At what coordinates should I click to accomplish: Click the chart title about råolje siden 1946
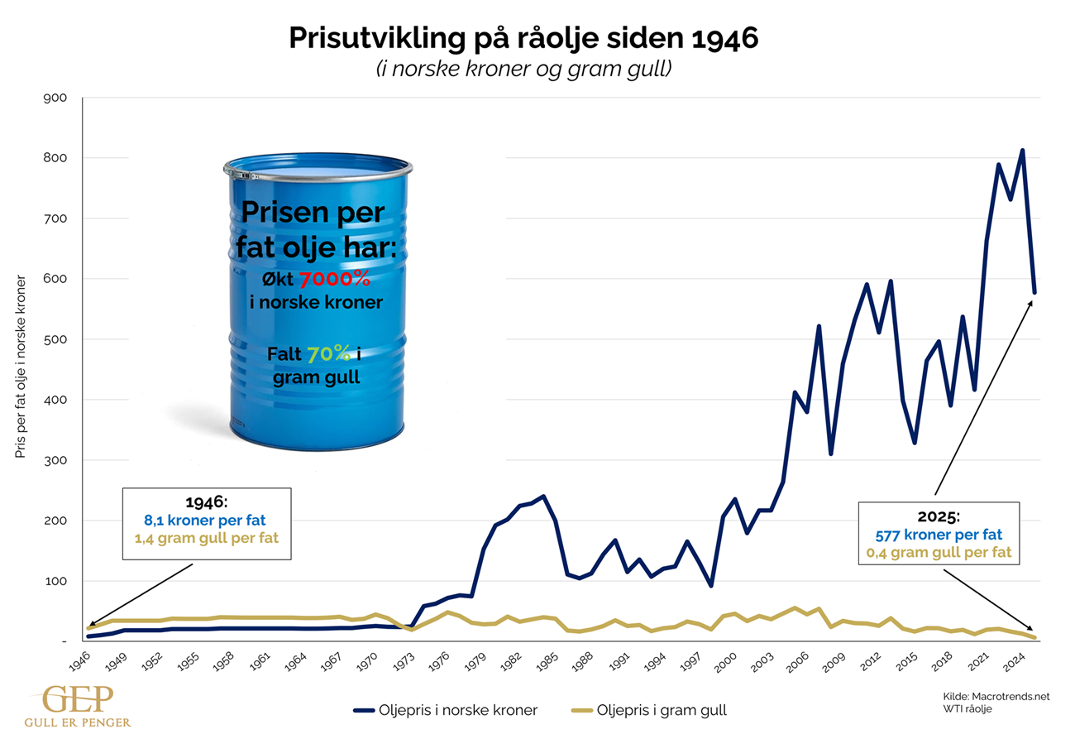523,38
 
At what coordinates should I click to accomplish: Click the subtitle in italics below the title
523,70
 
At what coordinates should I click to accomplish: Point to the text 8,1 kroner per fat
207,521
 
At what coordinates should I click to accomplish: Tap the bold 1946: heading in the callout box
207,503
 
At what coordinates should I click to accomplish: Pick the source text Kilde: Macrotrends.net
996,697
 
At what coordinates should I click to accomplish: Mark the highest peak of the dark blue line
1023,151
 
